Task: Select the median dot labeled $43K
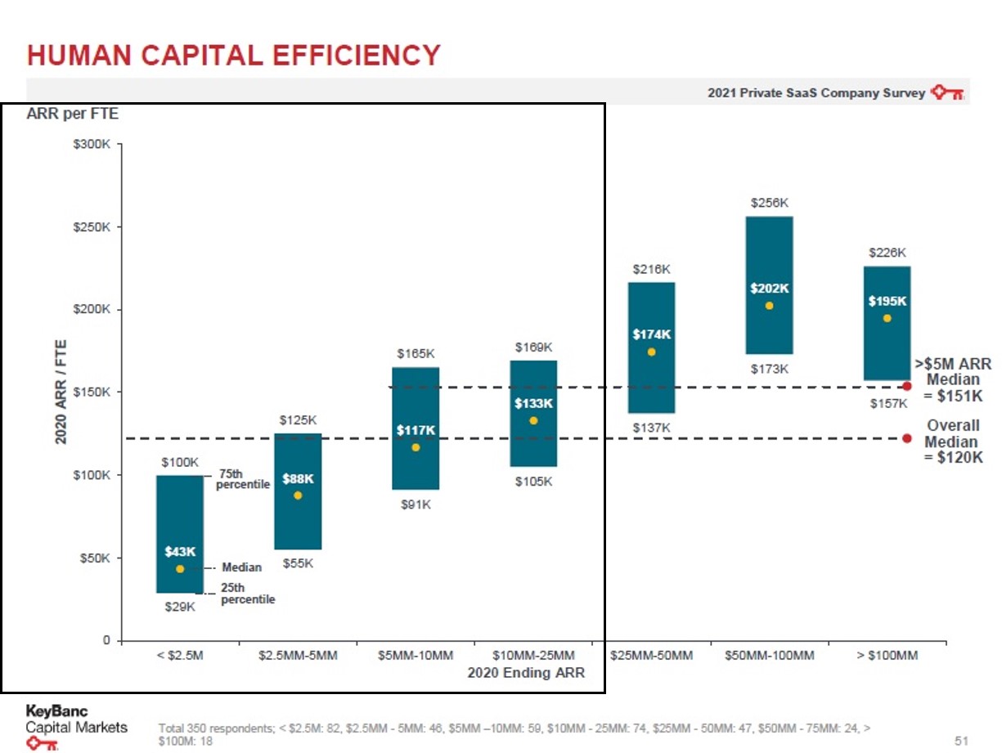180,569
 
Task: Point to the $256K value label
769,202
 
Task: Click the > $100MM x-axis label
887,656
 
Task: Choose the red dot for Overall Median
907,438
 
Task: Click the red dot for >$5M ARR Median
907,386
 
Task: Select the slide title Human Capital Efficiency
234,56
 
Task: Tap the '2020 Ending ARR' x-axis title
526,674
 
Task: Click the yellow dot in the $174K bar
651,352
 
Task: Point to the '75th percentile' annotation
242,479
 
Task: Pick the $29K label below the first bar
180,607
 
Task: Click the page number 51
962,741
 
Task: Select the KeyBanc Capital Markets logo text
77,719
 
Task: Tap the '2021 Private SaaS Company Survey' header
816,92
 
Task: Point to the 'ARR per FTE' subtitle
74,114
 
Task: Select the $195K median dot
887,318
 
